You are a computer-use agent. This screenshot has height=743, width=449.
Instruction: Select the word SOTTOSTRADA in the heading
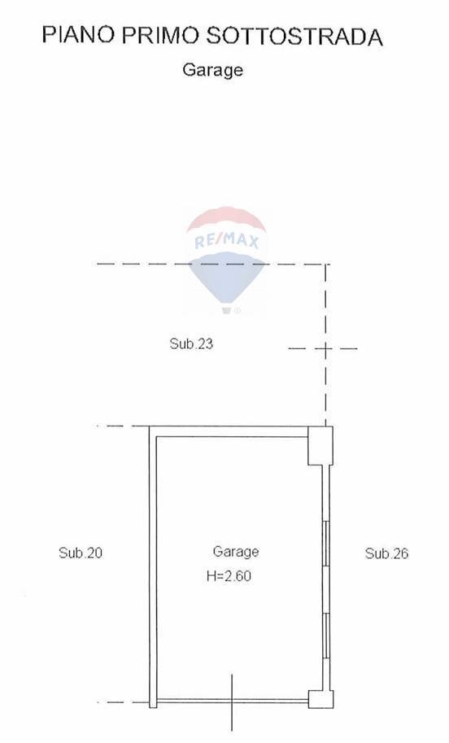point(294,36)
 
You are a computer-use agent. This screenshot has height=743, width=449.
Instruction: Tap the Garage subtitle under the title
point(212,70)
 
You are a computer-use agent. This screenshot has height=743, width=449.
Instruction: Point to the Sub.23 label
point(191,343)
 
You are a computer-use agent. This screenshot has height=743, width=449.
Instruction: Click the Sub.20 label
point(81,553)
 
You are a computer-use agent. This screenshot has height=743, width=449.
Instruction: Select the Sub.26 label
point(386,553)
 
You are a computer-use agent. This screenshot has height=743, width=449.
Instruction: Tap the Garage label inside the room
point(236,552)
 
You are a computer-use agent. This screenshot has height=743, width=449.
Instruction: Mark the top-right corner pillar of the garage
point(320,446)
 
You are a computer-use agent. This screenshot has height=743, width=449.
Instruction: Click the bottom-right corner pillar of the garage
point(320,699)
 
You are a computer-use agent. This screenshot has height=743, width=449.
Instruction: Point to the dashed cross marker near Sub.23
point(325,349)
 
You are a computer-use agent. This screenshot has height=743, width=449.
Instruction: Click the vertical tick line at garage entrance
point(232,701)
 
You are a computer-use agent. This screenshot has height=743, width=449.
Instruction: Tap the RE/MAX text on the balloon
point(227,241)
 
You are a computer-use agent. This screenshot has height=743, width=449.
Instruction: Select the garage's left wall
point(153,566)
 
